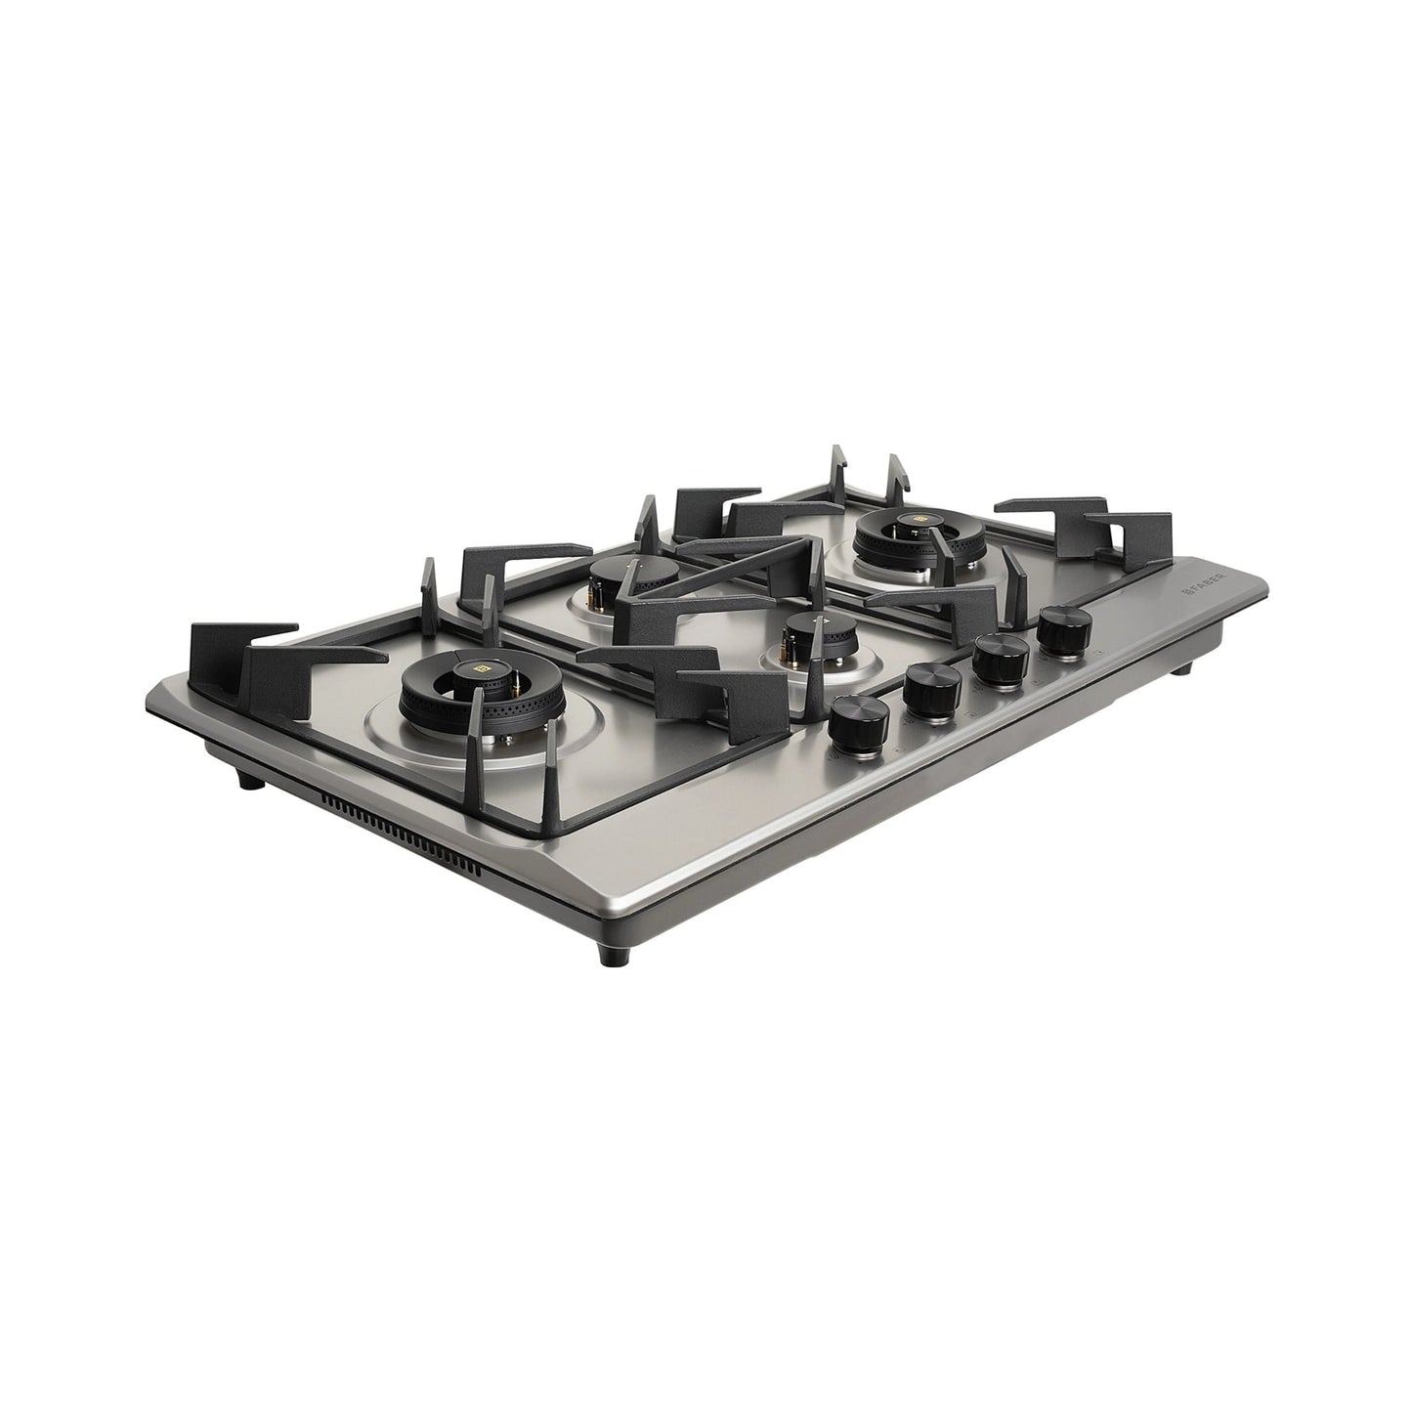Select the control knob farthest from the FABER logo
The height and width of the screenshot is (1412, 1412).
click(x=860, y=722)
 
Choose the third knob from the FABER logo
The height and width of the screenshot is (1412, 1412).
click(x=932, y=690)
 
